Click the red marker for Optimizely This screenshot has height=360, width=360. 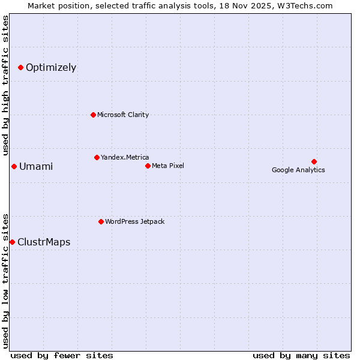(20, 67)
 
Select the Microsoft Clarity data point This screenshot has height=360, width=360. (93, 115)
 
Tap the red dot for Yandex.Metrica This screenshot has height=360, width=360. (97, 157)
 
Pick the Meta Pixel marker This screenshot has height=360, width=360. (148, 166)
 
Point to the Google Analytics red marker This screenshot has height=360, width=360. (314, 161)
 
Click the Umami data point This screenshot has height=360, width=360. (14, 166)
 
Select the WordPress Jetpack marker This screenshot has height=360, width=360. (101, 221)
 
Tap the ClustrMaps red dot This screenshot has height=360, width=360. (12, 242)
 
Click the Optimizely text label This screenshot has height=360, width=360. (51, 67)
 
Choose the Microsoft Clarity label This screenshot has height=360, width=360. (123, 115)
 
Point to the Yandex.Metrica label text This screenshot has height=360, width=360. (125, 157)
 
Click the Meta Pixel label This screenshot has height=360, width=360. (168, 166)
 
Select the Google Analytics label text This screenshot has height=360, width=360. (298, 170)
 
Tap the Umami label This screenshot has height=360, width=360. (36, 166)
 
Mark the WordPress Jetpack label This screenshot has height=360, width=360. (134, 221)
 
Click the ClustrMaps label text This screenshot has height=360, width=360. (44, 242)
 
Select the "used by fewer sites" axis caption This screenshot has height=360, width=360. (62, 355)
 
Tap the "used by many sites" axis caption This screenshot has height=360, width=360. (301, 355)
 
